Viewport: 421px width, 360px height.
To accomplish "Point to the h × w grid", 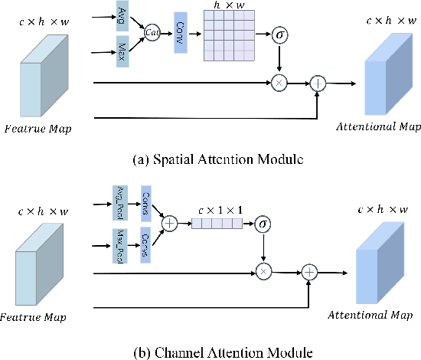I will point(228,36).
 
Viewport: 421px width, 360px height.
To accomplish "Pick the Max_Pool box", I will point(120,244).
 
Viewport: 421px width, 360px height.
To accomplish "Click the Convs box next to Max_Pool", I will point(146,244).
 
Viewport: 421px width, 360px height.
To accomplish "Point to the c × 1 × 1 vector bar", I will point(217,224).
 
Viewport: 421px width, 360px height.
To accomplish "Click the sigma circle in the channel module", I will point(263,224).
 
